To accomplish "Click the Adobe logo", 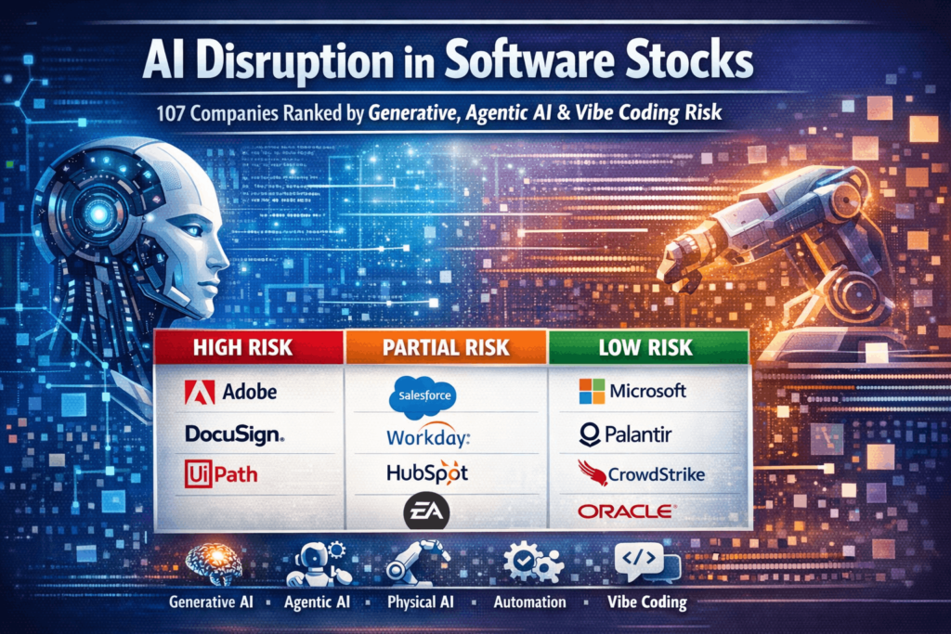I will click(231, 391).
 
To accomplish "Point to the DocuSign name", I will click(235, 433).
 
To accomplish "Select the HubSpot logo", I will click(426, 472).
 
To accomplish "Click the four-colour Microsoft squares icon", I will click(591, 390).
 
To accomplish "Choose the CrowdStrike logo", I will click(641, 473).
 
